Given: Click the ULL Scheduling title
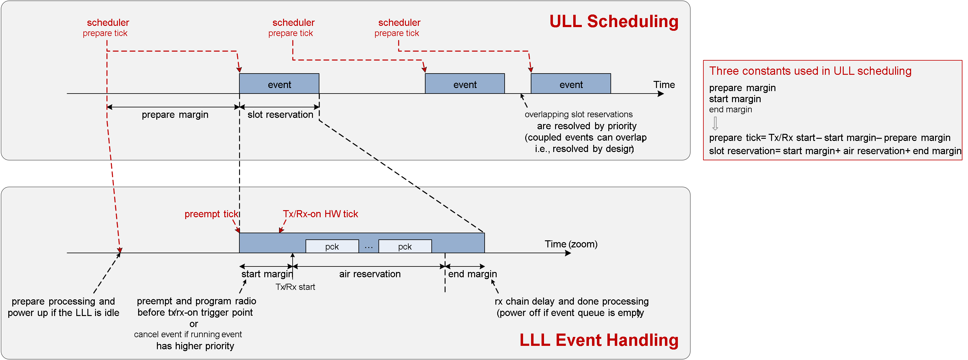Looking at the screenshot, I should tap(614, 22).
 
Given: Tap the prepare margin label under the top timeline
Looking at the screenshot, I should tap(175, 114).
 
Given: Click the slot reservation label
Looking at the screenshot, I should tap(280, 114).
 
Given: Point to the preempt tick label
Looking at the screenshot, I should tap(211, 214).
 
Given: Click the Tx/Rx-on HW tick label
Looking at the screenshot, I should tap(320, 214).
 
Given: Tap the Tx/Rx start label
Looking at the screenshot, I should tap(295, 287).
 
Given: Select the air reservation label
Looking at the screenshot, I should tap(370, 274).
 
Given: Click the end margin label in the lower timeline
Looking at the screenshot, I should tap(472, 274).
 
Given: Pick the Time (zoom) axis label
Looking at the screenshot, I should tap(571, 244).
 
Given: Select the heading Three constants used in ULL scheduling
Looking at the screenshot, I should tap(810, 71).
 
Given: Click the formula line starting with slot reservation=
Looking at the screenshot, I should tap(835, 151).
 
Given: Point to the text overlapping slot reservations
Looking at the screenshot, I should tap(578, 114).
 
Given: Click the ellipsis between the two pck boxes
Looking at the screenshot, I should tap(369, 247).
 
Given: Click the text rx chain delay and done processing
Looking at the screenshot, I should tap(571, 301).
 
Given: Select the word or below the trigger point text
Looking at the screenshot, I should tap(194, 324).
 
